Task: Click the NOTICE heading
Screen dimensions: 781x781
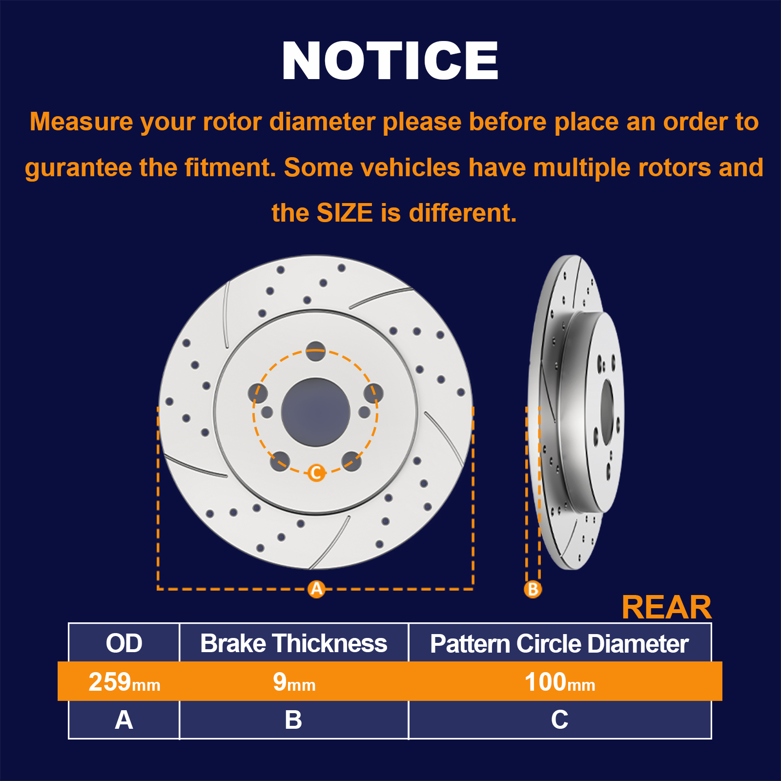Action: [390, 61]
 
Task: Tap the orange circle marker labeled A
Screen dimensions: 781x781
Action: [317, 589]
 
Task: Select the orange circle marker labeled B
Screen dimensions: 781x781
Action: [533, 589]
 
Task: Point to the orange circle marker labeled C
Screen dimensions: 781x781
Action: [316, 473]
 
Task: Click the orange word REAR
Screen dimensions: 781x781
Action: [667, 607]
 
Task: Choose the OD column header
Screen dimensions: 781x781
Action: [124, 643]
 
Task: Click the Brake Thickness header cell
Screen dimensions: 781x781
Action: [294, 643]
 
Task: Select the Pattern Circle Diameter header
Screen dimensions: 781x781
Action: [559, 643]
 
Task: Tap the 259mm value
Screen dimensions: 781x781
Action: [124, 682]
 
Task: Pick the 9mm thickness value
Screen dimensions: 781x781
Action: [294, 682]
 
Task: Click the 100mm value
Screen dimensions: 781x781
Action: [560, 682]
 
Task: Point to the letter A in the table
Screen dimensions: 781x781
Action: [124, 720]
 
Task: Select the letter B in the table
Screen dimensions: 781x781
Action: [293, 720]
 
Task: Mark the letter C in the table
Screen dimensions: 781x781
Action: [559, 720]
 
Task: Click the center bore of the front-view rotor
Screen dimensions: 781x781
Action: [316, 412]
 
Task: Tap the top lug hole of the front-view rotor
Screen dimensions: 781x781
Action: [316, 351]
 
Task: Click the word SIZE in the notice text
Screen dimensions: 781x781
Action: [345, 213]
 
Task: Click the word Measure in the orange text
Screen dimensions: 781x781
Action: [82, 122]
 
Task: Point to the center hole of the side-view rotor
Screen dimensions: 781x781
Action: [607, 412]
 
